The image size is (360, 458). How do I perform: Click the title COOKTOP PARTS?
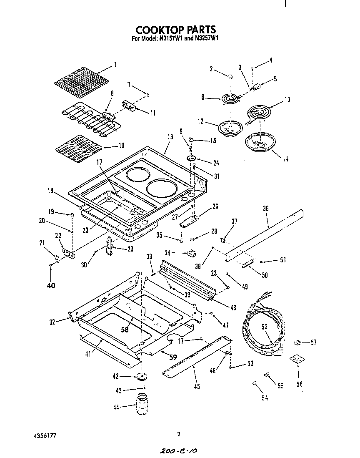175,30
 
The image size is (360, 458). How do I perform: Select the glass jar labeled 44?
142,404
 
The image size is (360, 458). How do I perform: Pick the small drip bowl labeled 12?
229,127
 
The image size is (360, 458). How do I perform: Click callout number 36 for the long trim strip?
265,209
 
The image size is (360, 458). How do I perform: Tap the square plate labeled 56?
296,360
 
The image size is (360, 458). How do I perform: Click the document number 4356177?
45,435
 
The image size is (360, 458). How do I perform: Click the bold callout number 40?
50,286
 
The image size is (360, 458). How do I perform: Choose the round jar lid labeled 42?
142,377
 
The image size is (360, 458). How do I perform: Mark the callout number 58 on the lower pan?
125,329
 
